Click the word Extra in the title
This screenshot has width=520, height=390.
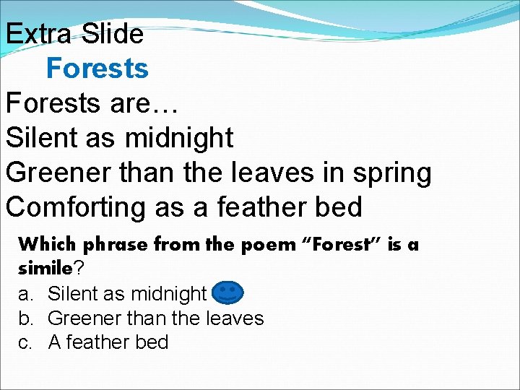[40, 34]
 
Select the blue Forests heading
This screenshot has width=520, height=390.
[97, 69]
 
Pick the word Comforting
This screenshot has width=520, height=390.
[76, 207]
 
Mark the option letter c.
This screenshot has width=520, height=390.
[25, 342]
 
